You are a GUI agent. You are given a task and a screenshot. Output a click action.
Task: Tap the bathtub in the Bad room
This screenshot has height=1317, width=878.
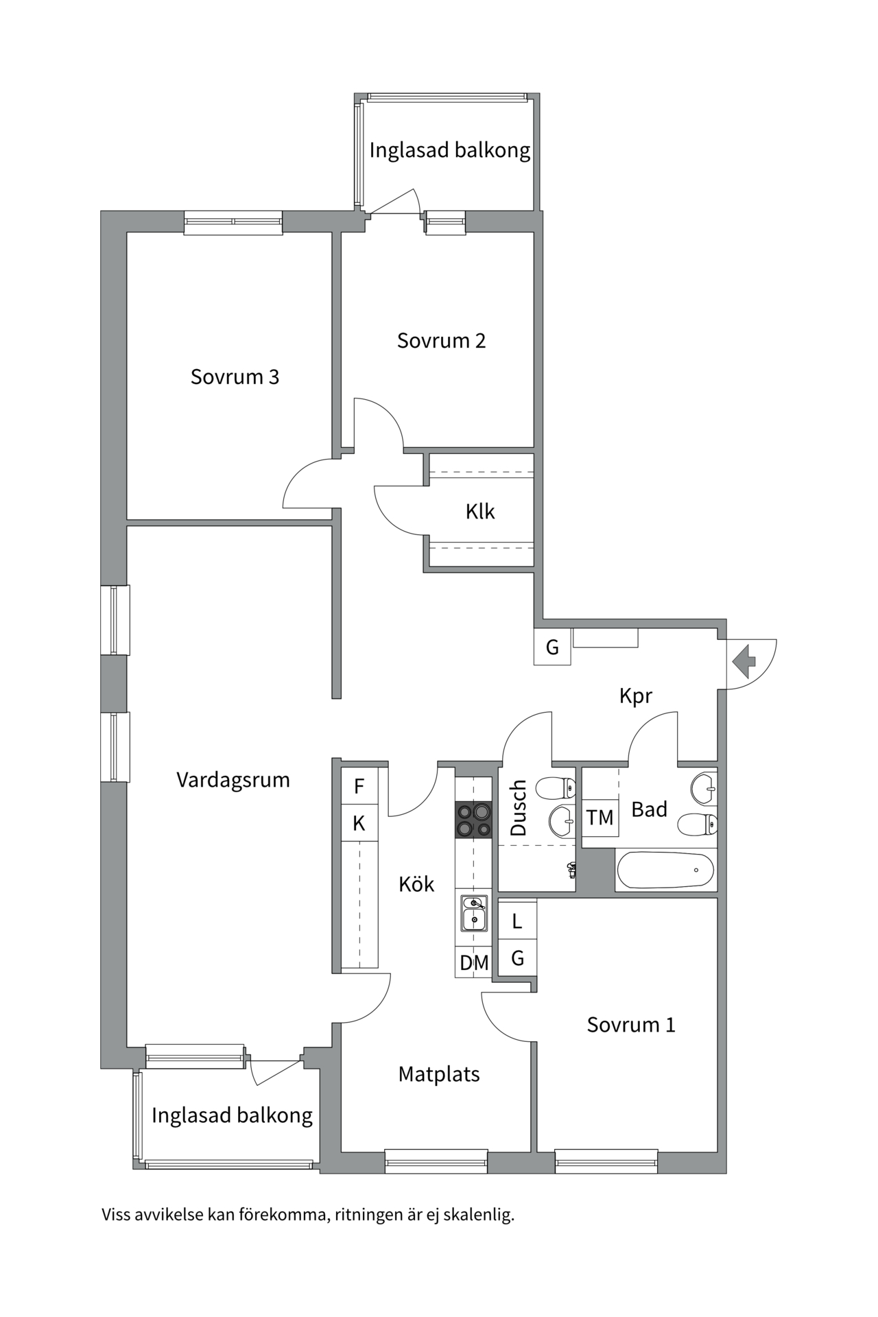click(x=666, y=870)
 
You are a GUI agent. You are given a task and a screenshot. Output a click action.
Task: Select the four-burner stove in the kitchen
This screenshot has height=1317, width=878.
click(x=473, y=820)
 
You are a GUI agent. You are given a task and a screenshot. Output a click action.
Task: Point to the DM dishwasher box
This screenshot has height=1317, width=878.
click(x=474, y=962)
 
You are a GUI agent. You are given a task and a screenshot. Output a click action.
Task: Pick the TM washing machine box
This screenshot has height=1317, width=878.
click(x=600, y=817)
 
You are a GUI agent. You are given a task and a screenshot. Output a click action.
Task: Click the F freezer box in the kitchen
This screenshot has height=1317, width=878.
click(x=359, y=786)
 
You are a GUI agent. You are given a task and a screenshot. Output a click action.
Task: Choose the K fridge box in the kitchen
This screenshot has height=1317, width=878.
click(x=359, y=822)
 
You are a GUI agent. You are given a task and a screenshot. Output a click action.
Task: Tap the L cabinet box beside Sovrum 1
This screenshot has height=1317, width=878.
click(x=517, y=921)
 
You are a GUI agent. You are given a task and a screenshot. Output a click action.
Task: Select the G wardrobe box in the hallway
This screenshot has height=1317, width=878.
click(x=552, y=647)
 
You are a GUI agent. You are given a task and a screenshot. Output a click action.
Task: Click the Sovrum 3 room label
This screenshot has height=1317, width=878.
click(x=235, y=377)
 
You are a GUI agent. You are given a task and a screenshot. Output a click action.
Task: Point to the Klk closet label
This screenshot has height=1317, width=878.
click(x=480, y=511)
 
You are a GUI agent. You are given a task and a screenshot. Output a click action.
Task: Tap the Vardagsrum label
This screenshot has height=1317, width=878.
click(x=233, y=780)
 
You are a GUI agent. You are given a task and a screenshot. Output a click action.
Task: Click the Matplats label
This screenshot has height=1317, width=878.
click(x=439, y=1073)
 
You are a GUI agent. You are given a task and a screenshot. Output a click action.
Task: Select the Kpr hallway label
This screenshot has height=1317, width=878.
click(x=636, y=696)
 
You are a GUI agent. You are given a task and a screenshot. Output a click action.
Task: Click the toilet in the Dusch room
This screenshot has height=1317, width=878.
click(x=555, y=788)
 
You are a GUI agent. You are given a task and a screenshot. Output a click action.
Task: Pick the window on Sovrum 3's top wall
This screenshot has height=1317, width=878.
click(x=233, y=222)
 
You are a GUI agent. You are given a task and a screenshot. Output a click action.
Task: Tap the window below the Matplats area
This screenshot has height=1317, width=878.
click(x=436, y=1161)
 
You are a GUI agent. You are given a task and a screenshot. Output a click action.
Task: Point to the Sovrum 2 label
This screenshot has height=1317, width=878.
click(x=441, y=340)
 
